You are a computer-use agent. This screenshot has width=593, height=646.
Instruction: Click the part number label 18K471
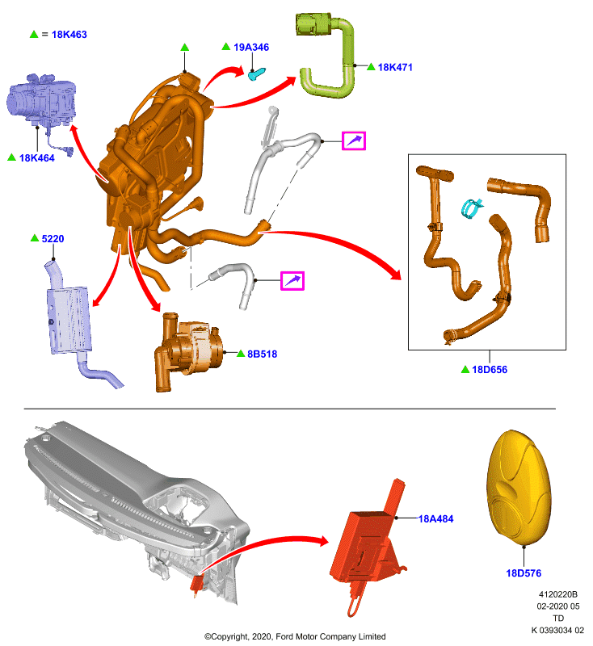pyautogui.click(x=395, y=67)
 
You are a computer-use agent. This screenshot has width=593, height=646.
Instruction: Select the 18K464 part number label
pyautogui.click(x=36, y=157)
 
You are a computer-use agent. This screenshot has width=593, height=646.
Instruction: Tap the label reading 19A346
pyautogui.click(x=251, y=48)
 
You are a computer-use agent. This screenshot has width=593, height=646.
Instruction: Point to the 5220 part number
pyautogui.click(x=53, y=238)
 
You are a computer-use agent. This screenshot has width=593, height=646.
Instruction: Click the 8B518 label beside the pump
pyautogui.click(x=262, y=354)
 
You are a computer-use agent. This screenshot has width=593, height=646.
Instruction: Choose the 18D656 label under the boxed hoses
pyautogui.click(x=490, y=370)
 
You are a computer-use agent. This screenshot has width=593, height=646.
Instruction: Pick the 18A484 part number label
pyautogui.click(x=435, y=519)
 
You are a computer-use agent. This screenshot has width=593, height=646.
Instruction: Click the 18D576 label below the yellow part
pyautogui.click(x=524, y=573)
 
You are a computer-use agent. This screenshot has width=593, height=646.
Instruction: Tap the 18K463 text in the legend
pyautogui.click(x=69, y=35)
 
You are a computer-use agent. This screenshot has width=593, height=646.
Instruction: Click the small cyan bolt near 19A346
pyautogui.click(x=256, y=74)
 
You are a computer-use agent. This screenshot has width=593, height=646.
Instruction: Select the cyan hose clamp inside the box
pyautogui.click(x=472, y=208)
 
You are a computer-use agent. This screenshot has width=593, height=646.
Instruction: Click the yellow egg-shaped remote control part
pyautogui.click(x=519, y=487)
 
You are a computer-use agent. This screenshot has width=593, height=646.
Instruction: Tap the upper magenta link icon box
pyautogui.click(x=354, y=141)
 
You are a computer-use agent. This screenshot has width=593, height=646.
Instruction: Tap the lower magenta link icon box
pyautogui.click(x=292, y=281)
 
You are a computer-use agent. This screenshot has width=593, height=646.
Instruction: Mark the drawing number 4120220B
pyautogui.click(x=558, y=594)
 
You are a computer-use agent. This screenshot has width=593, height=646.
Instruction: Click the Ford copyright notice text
pyautogui.click(x=295, y=636)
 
